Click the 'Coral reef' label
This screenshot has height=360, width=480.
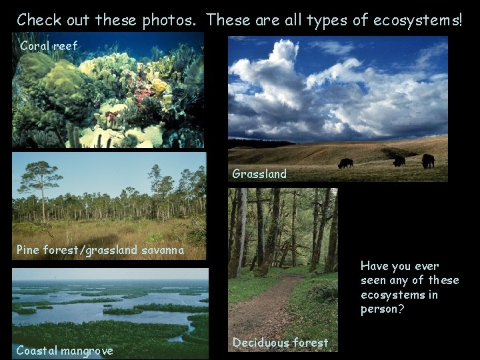49,46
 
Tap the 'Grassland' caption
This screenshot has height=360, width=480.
259,174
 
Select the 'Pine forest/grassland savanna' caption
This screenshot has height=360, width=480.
100,251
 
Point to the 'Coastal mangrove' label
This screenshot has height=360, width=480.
65,350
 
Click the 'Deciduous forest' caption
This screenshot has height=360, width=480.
280,343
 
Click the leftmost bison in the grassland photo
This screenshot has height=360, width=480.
345,163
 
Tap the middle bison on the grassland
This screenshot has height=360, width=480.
399,161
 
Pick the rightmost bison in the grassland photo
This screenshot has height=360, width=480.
427,161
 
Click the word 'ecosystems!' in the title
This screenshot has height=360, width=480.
419,20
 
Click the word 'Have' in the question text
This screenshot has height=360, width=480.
375,265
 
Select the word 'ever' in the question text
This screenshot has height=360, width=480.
428,265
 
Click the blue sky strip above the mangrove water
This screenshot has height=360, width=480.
110,273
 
